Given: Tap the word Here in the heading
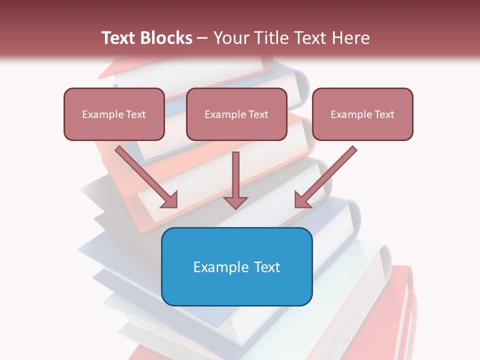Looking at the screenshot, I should pos(350,38).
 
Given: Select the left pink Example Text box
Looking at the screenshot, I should pos(114,114).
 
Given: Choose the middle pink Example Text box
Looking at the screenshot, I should pos(236,114).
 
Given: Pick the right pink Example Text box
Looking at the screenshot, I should pos(362,114).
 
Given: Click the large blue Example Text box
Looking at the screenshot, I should pos(236,266).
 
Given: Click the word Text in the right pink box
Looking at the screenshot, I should pos(384,114).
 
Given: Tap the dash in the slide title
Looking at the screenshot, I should pos(202,38).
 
